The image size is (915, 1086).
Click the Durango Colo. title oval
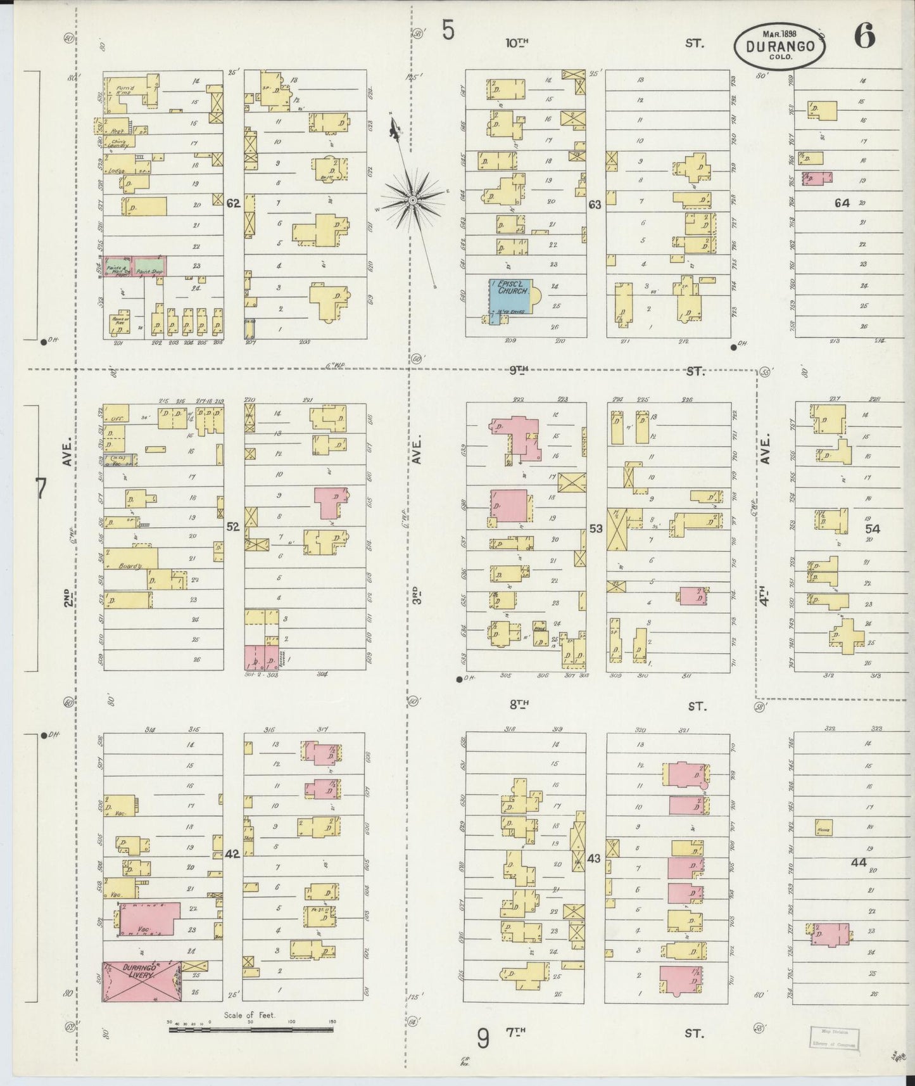(779, 46)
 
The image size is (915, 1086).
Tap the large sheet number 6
(864, 37)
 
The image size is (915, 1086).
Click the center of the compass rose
(412, 200)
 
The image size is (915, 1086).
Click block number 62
(233, 203)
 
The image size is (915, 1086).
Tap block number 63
(595, 205)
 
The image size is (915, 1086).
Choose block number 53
(595, 528)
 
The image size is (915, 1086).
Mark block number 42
(232, 853)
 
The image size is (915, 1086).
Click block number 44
(859, 862)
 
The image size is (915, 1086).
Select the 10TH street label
(517, 43)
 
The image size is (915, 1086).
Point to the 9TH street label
(519, 371)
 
